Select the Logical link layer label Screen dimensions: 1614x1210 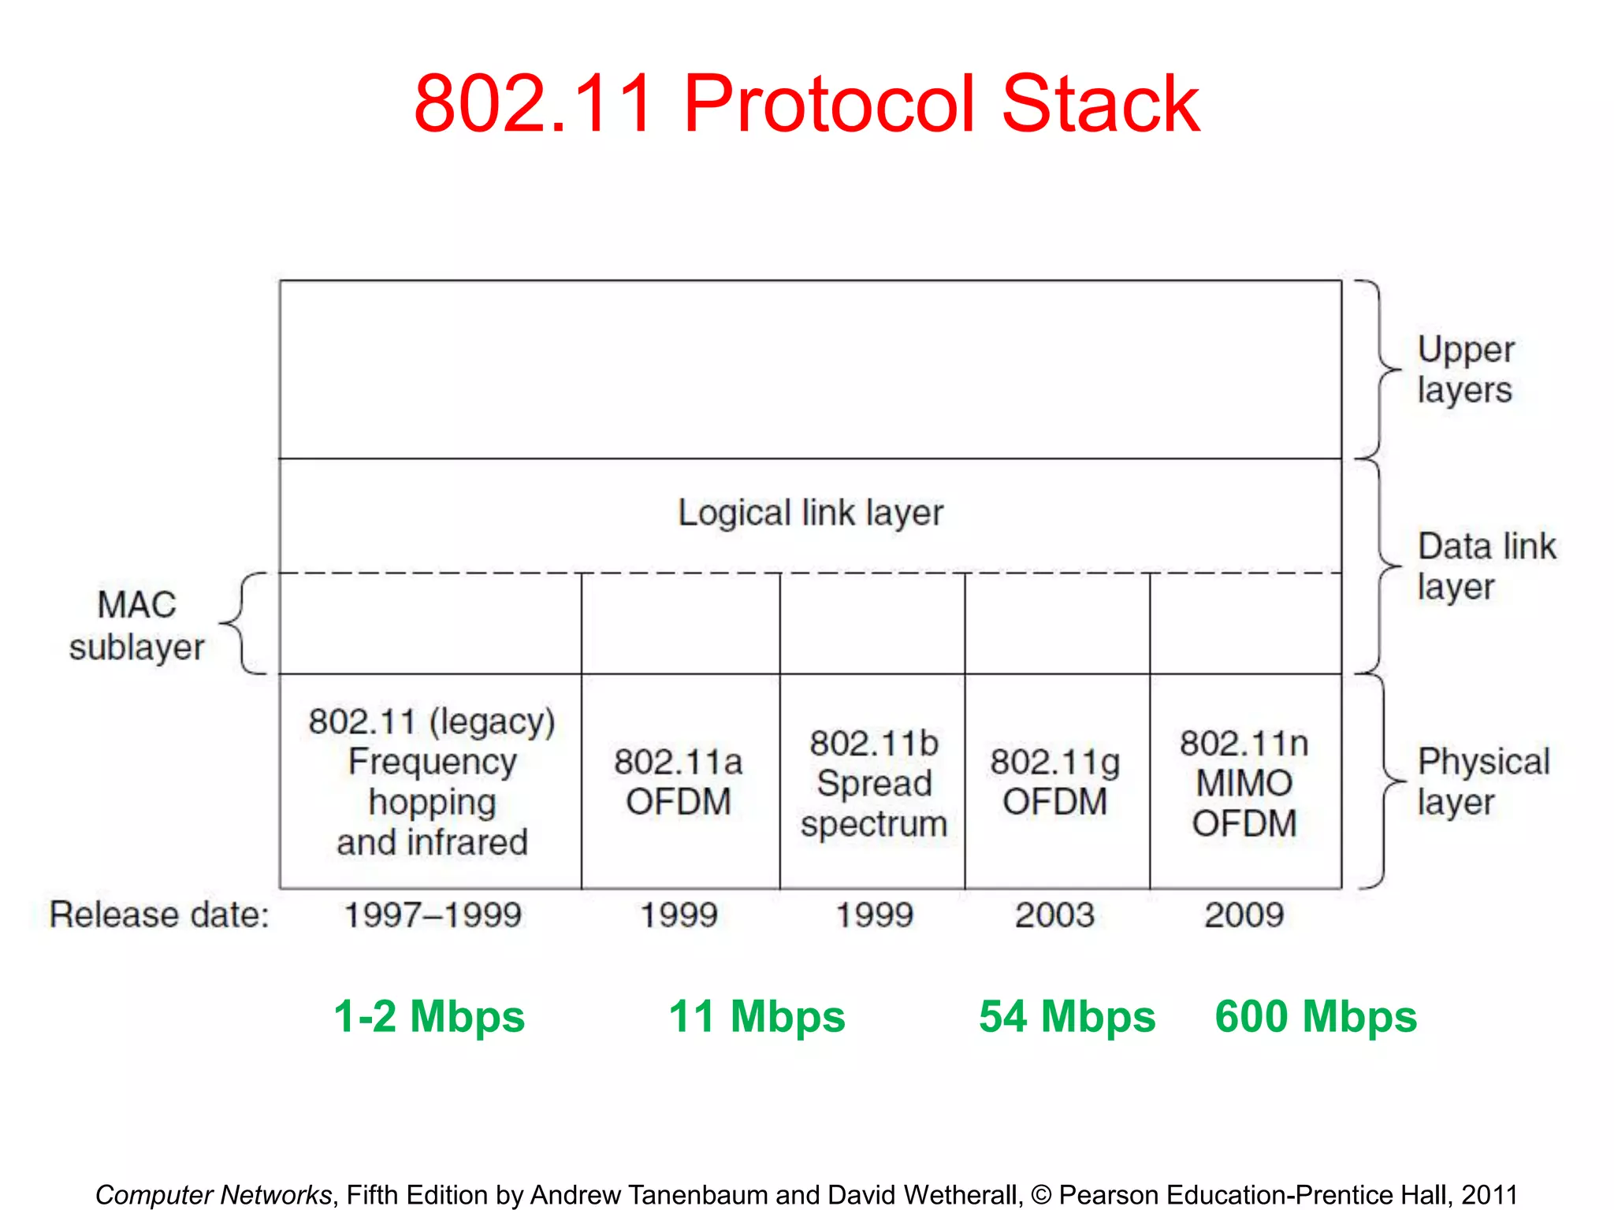point(810,513)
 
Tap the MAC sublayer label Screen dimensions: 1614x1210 point(136,625)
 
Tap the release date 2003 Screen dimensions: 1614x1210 point(1054,915)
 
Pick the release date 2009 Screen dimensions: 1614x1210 point(1244,915)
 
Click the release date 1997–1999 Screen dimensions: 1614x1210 point(433,915)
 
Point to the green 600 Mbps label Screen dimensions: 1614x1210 point(1315,1016)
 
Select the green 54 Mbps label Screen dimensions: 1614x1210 point(1066,1016)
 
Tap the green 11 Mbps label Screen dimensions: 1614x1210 point(757,1016)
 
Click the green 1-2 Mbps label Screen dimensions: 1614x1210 point(430,1016)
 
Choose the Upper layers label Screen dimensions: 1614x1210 point(1465,369)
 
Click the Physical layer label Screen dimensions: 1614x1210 point(1482,781)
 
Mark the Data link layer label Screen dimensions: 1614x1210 point(1486,566)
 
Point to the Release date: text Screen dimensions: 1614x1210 point(159,915)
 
